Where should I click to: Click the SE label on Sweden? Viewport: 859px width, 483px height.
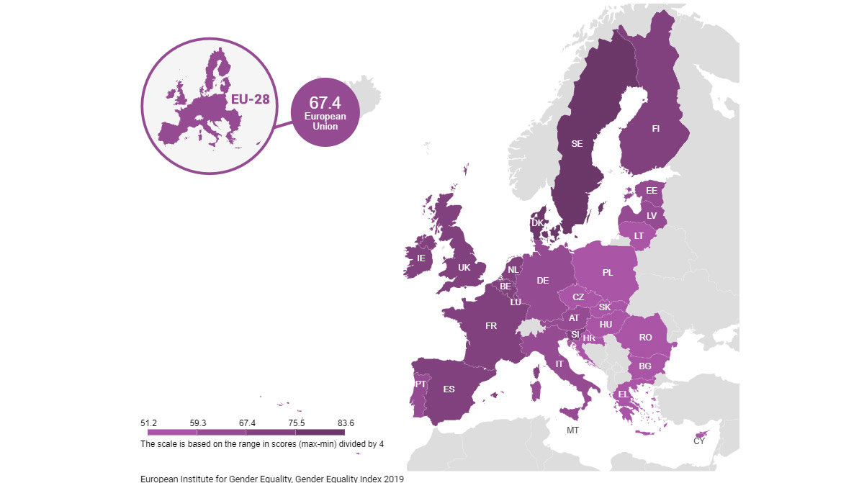point(577,144)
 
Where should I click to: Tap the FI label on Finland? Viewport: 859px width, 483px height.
point(655,129)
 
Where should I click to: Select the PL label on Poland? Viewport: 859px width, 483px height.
point(608,273)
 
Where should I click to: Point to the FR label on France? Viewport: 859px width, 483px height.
point(491,326)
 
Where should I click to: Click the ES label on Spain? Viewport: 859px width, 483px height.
point(449,389)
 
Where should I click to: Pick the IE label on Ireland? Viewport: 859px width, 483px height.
point(421,258)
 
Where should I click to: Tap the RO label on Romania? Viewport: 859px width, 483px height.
point(645,337)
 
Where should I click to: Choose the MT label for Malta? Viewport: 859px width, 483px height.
point(572,430)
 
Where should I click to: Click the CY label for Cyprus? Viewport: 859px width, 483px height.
point(699,441)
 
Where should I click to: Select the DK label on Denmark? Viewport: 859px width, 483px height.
point(537,223)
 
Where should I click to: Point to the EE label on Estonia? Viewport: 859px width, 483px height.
point(651,191)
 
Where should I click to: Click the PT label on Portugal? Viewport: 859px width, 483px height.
point(420,384)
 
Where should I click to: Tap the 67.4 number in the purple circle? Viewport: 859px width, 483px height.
point(325,103)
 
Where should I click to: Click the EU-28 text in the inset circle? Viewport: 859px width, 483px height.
point(251,100)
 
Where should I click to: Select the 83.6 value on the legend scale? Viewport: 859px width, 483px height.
point(344,423)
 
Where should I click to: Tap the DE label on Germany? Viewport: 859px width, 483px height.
point(542,281)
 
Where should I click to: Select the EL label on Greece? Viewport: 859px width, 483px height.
point(623,394)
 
